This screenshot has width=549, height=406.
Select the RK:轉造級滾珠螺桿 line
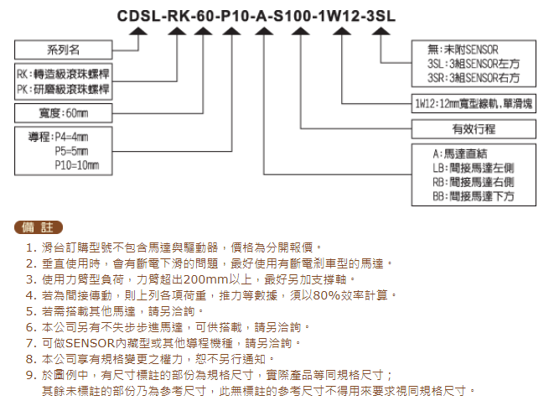63,74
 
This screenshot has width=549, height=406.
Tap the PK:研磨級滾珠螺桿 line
63,89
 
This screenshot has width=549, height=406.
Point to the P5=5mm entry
71,151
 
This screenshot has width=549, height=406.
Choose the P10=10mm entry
77,165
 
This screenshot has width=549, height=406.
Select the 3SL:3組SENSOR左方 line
474,64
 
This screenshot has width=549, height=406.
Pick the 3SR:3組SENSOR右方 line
474,78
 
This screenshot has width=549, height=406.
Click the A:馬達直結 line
460,154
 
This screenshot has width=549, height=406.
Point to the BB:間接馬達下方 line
474,196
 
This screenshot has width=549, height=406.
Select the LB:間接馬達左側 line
474,168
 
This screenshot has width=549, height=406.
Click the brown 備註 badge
39,227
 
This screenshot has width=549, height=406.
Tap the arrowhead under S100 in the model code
301,32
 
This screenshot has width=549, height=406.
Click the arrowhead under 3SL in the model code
381,32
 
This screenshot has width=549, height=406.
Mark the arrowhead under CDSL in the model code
138,32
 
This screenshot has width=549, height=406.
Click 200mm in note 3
206,279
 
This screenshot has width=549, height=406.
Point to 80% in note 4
327,295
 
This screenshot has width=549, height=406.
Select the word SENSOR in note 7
91,343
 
